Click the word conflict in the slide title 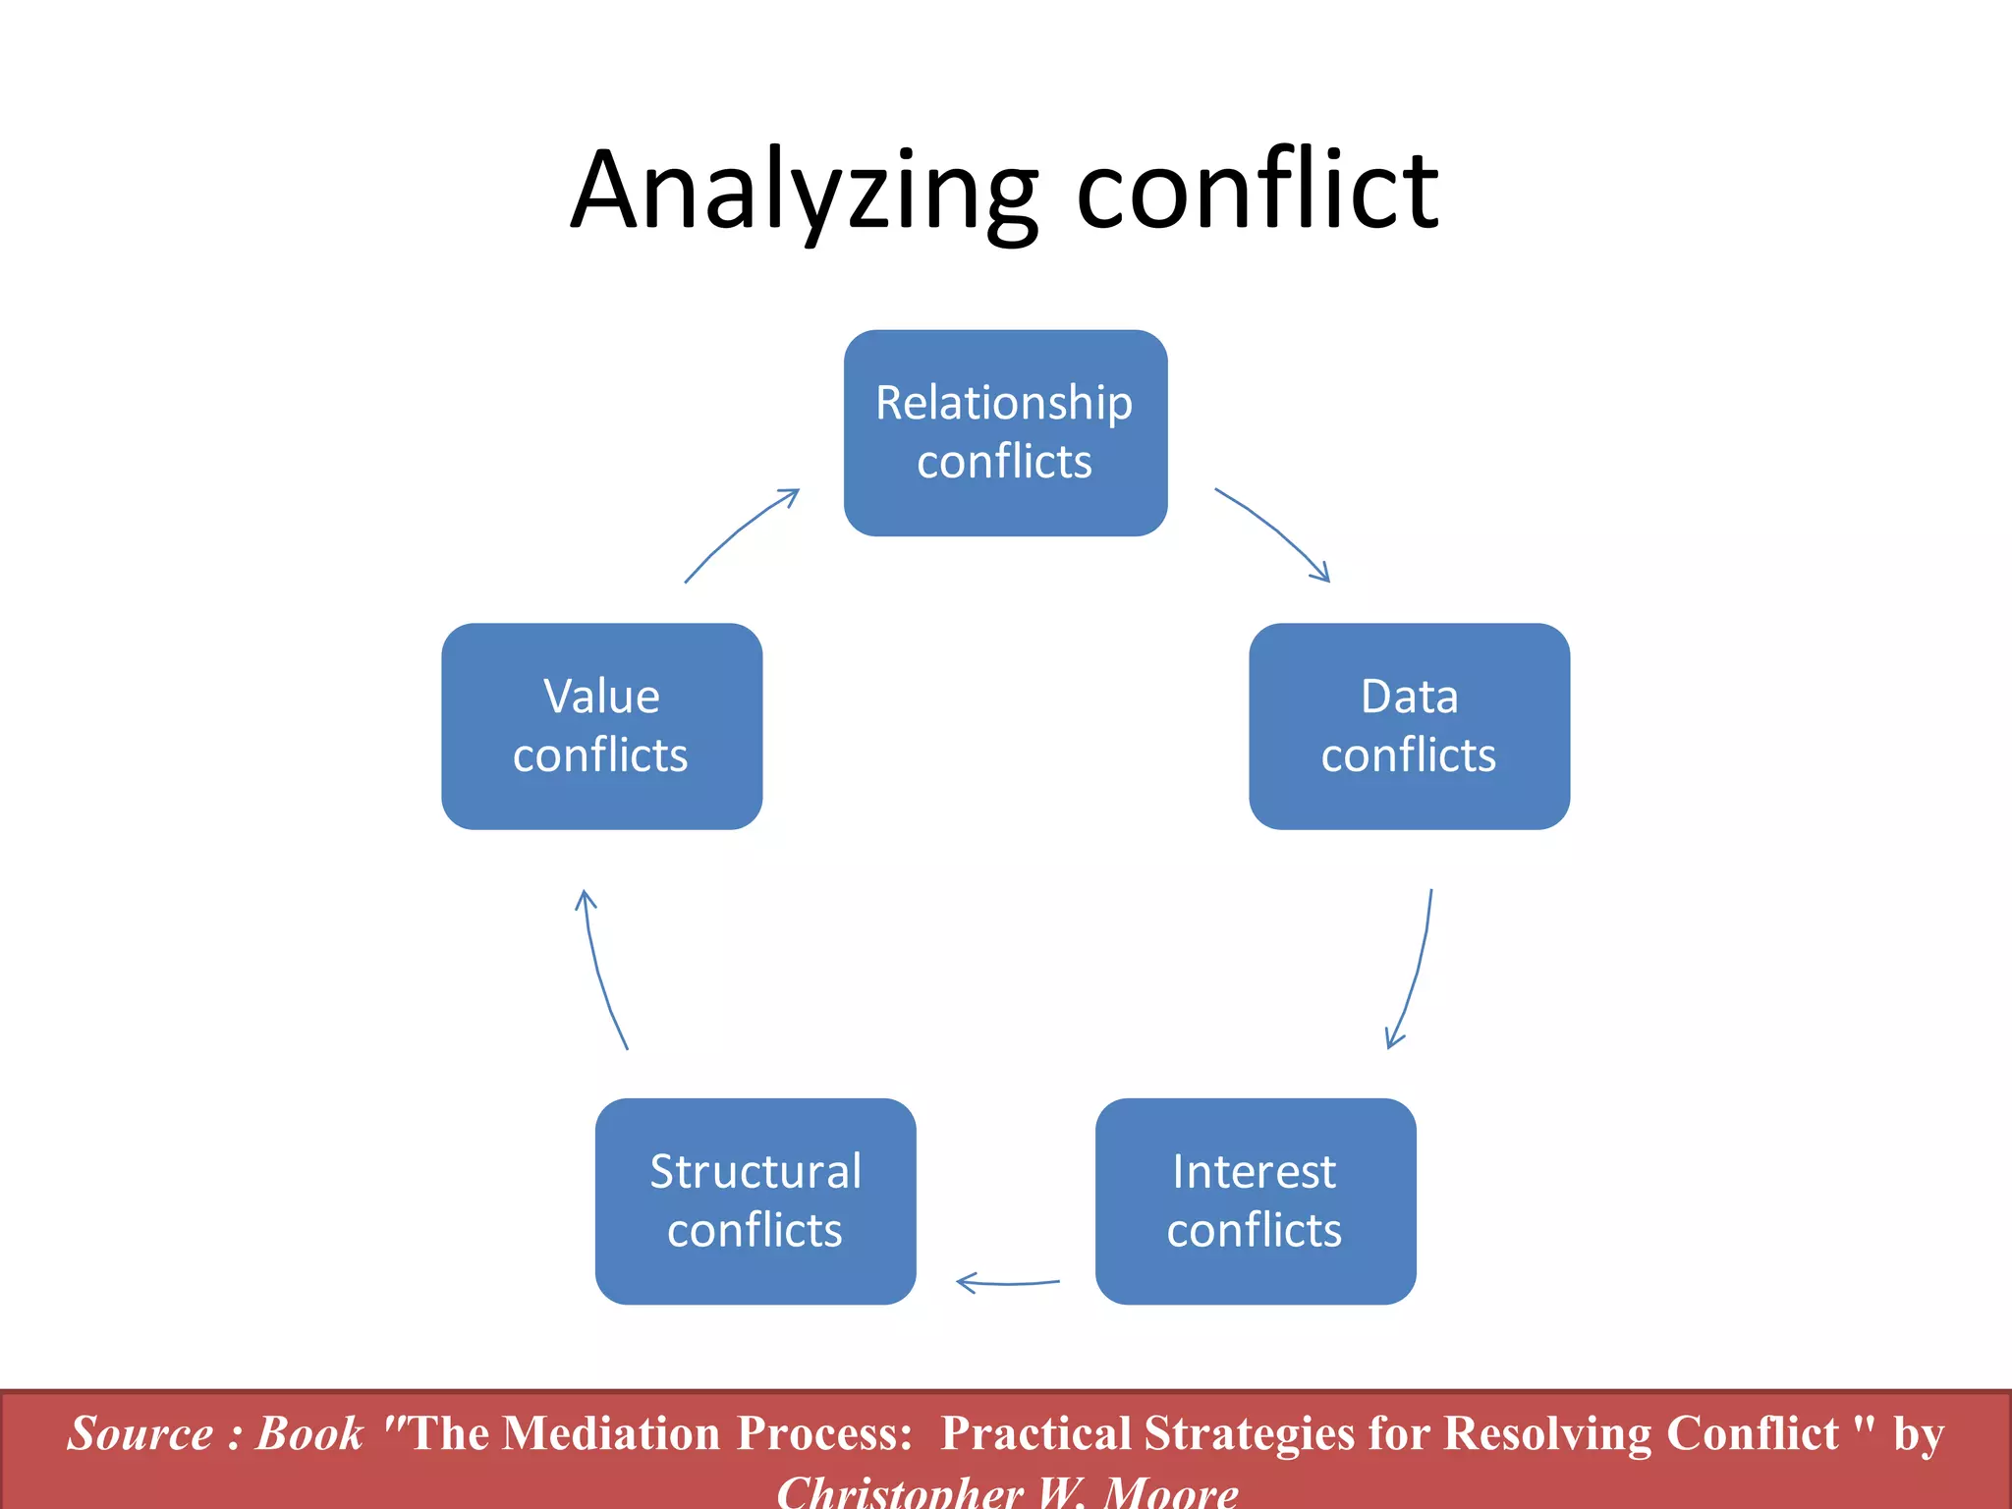[1257, 192]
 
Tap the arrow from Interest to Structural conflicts [1008, 1282]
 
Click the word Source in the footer [140, 1433]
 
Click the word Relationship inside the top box [1004, 403]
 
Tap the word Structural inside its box [754, 1172]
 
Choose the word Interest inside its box [1254, 1172]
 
